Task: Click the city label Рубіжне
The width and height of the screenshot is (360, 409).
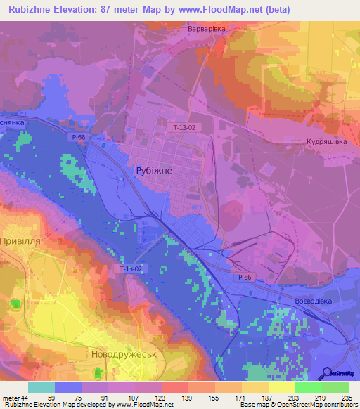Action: coord(153,170)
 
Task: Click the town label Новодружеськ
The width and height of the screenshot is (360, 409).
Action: coord(124,355)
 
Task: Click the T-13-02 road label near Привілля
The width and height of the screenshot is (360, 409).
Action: coord(130,268)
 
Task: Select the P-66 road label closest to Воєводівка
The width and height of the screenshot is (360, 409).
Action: coord(244,278)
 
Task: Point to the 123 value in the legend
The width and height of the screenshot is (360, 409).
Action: coord(160,398)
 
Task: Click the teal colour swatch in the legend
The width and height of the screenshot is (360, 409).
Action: coord(41,387)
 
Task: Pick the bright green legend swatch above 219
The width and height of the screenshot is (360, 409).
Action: coord(308,387)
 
